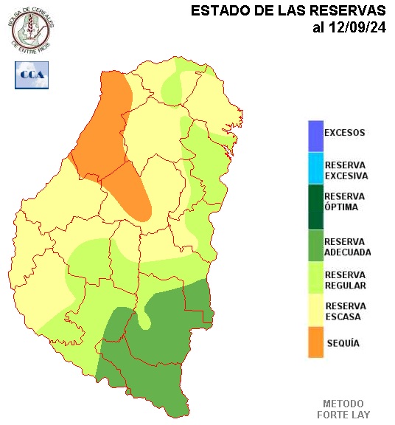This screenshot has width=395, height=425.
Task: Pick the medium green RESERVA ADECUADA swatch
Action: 316,246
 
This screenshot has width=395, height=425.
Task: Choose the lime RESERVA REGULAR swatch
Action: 316,280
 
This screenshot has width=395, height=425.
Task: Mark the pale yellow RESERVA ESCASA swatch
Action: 316,311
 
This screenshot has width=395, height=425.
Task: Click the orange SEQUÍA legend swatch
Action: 316,342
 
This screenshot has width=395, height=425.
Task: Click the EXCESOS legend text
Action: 345,134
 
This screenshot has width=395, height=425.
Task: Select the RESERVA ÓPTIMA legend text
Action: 345,201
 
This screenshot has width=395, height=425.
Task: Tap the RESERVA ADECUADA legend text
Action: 347,246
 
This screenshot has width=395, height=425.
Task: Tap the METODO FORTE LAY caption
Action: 343,409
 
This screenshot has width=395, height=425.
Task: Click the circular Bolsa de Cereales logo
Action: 32,27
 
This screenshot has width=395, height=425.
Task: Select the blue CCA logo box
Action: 32,75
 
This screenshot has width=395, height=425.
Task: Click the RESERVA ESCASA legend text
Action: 345,311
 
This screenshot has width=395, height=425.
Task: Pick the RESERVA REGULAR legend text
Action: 345,280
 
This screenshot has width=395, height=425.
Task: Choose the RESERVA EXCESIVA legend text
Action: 346,170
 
